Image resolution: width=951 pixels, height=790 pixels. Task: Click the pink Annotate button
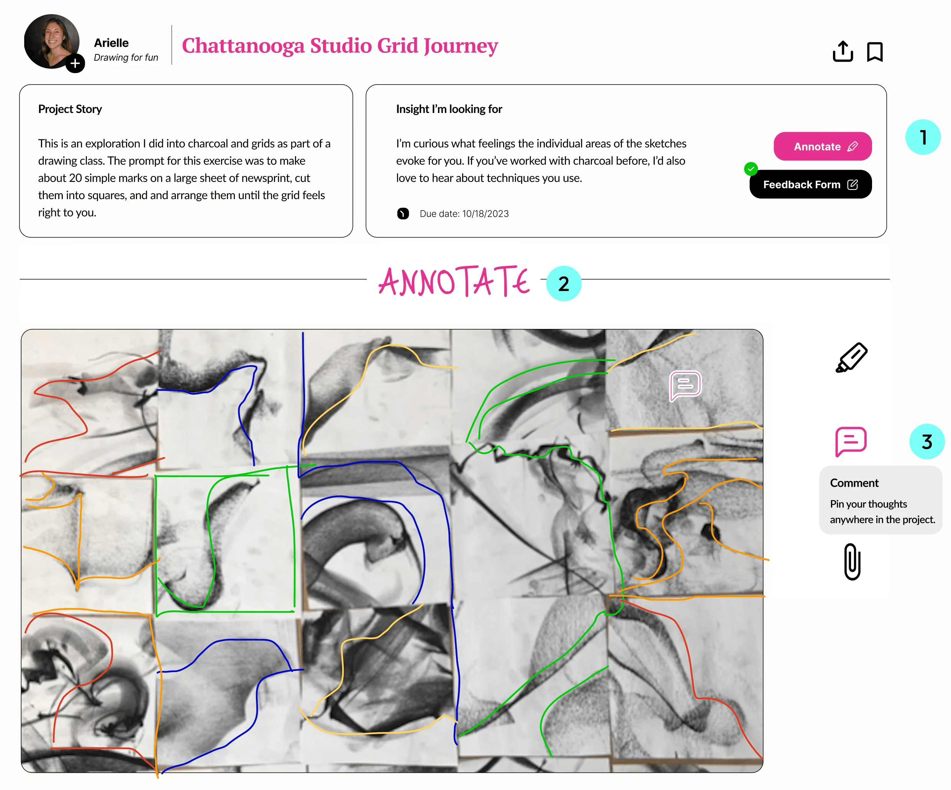pos(822,146)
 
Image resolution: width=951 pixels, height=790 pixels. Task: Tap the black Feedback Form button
pos(810,184)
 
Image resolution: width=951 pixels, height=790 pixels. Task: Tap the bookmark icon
pos(874,52)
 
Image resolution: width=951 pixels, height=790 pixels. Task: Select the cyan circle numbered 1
pos(923,137)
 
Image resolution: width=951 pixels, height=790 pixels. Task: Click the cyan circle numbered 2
pos(563,283)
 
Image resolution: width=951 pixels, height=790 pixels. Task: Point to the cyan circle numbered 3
pos(926,442)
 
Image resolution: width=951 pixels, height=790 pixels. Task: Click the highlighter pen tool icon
pos(851,358)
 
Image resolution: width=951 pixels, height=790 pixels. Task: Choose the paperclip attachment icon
pos(852,561)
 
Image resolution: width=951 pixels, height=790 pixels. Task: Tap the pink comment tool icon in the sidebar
pos(851,441)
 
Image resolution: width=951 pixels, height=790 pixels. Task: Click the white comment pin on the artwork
pos(685,385)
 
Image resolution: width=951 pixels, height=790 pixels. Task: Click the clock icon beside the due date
pos(403,214)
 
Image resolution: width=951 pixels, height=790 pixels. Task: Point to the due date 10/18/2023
pos(485,214)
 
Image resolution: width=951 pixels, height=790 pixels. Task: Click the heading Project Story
pos(70,109)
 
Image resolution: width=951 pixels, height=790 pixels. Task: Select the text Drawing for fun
pos(126,57)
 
